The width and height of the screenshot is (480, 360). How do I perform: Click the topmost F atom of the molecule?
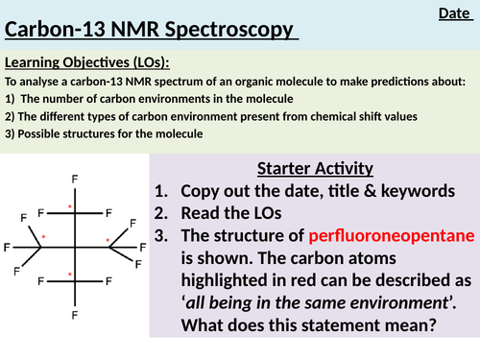coord(75,179)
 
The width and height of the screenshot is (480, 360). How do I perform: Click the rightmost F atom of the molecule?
coord(143,248)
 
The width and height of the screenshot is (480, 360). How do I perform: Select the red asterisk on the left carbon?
coord(43,235)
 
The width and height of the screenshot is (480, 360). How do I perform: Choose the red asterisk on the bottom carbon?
coord(69,276)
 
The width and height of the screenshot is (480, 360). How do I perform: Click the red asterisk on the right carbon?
coord(108,239)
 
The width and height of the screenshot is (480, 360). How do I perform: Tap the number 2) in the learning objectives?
coord(11,117)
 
